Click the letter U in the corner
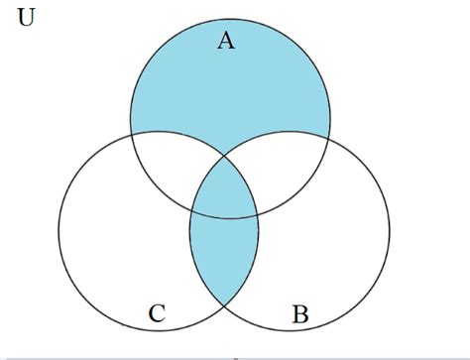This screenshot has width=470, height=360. click(x=27, y=21)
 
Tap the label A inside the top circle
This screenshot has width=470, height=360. click(x=227, y=41)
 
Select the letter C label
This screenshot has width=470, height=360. click(x=157, y=315)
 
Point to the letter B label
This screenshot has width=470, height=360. click(x=300, y=315)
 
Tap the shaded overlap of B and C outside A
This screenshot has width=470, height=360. click(x=224, y=258)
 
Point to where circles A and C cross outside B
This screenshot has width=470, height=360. click(x=131, y=134)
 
